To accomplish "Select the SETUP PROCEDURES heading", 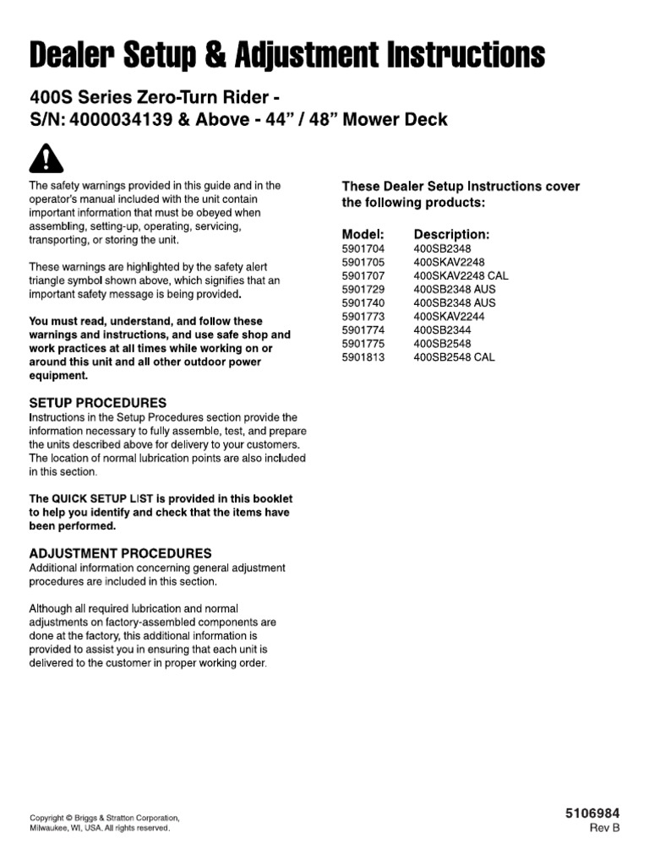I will coord(98,403).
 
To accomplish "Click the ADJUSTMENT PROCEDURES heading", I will coord(121,553).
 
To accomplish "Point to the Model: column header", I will coord(363,234).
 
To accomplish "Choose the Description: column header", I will coord(451,234).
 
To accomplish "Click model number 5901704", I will coord(363,249).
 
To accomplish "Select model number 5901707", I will coord(363,276).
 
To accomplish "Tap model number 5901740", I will coord(363,302).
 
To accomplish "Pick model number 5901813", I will coord(363,356).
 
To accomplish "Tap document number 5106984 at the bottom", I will coord(592,813).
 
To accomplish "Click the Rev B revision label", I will coord(604,828).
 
